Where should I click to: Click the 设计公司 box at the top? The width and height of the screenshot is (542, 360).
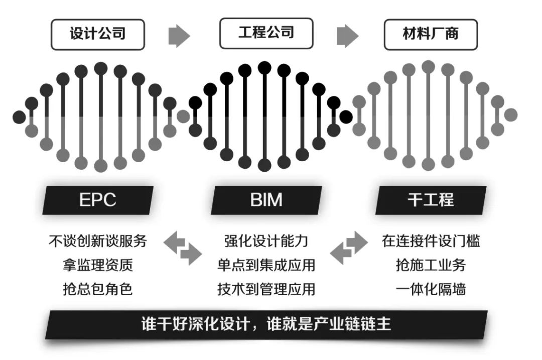click(x=98, y=35)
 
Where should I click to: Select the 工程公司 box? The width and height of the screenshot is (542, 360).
click(x=266, y=34)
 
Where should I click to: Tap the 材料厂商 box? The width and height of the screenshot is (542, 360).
click(x=431, y=35)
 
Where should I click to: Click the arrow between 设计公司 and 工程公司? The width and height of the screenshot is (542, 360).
click(x=179, y=36)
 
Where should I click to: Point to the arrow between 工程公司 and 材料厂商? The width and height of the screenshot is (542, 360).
click(x=348, y=36)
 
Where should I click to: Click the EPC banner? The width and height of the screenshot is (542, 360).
click(x=98, y=200)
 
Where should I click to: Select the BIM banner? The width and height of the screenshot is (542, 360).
click(x=266, y=200)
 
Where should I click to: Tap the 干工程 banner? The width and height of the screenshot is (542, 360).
click(x=431, y=200)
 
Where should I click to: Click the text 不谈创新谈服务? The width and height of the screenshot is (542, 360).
click(x=98, y=241)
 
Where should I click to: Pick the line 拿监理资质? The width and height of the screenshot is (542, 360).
click(x=98, y=265)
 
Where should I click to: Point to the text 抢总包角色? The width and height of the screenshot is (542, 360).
click(x=98, y=289)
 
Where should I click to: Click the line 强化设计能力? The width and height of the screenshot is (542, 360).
click(x=266, y=241)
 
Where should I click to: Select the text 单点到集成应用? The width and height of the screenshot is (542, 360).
click(x=266, y=265)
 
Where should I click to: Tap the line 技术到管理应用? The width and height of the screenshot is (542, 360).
click(x=266, y=289)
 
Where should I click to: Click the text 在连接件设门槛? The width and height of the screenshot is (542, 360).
click(x=431, y=241)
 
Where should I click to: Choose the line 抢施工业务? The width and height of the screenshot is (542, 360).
click(x=431, y=265)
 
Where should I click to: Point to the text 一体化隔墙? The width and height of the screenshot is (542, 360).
click(x=431, y=289)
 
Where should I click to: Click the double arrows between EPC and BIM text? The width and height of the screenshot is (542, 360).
click(x=183, y=249)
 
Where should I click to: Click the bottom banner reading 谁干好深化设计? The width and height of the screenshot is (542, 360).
click(x=266, y=325)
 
